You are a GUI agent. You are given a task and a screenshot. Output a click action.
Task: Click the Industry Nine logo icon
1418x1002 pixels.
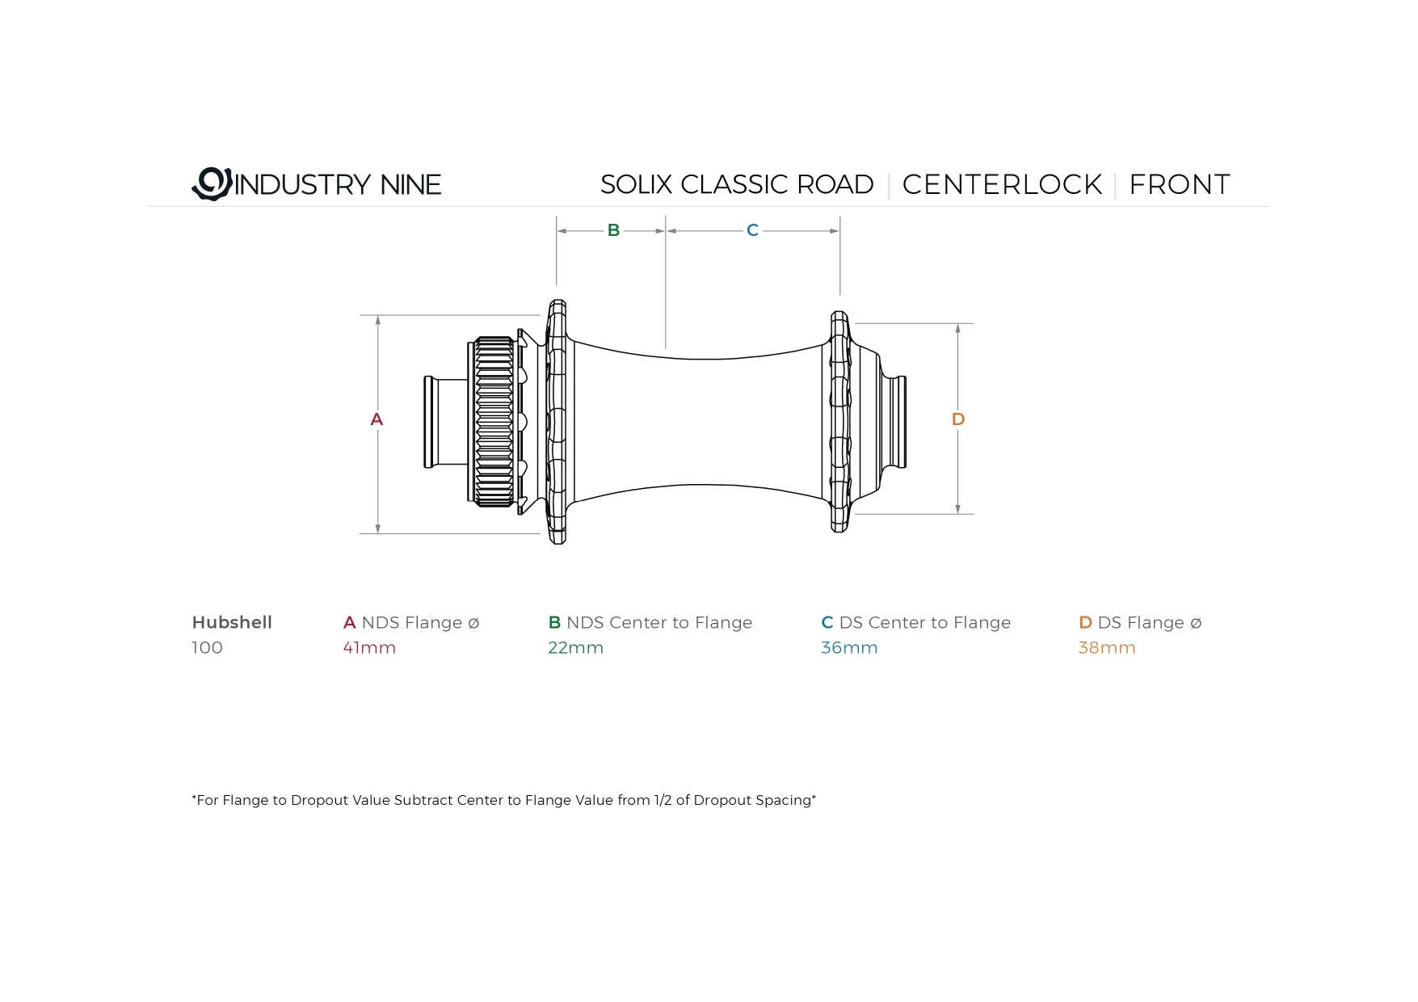coord(212,183)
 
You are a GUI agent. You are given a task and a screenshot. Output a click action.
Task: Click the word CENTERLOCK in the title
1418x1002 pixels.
coord(1002,184)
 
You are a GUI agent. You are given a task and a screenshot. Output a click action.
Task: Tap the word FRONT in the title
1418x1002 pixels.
coord(1179,184)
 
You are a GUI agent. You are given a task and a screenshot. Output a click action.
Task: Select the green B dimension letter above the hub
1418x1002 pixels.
coord(613,230)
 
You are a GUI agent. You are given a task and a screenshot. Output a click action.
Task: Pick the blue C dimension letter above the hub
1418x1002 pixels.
coord(752,230)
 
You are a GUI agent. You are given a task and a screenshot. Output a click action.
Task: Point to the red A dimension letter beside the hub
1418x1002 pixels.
coord(377,419)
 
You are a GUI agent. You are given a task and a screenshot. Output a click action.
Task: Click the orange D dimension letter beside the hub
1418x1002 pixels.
coord(958,419)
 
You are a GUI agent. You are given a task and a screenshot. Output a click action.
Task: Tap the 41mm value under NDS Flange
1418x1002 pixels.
coord(369,647)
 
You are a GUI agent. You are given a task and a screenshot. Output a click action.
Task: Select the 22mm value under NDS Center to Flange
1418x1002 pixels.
coord(575,647)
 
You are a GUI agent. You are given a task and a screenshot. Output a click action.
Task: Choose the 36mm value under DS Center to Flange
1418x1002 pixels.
coord(849,647)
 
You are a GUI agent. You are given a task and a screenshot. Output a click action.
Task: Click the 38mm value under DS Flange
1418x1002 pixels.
coord(1107,647)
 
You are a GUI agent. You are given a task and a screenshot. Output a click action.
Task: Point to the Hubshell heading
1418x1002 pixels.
coord(232,622)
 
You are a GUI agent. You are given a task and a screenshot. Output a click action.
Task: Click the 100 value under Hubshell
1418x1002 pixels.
coord(207,647)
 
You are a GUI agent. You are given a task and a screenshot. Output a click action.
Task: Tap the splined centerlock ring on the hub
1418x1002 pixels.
coord(493,422)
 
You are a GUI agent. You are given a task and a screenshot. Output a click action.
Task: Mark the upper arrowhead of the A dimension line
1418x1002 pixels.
coord(377,320)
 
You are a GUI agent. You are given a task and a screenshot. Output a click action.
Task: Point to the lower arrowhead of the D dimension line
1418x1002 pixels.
coord(958,508)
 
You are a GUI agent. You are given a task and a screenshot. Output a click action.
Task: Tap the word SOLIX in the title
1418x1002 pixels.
coord(637,184)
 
